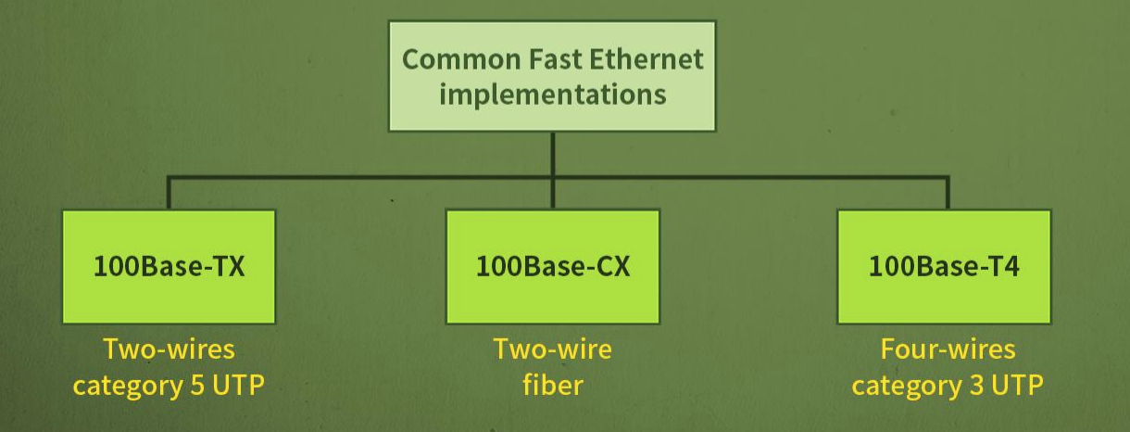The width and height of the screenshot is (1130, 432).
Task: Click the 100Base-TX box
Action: coord(169,267)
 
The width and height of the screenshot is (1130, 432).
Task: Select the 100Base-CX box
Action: coord(552,267)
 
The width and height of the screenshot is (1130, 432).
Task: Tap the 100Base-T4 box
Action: coord(944,267)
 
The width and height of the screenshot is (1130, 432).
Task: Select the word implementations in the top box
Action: coord(552,95)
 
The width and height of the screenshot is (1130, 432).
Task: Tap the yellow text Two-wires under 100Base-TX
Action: coord(169,349)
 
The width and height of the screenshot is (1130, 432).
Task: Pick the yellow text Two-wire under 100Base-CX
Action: coord(552,349)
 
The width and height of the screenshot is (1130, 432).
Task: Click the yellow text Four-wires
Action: coord(947,349)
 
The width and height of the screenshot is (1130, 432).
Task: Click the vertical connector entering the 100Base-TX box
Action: coord(169,193)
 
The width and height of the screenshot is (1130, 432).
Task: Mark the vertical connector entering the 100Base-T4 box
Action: coord(947,193)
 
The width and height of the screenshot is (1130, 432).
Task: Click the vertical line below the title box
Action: coord(552,153)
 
